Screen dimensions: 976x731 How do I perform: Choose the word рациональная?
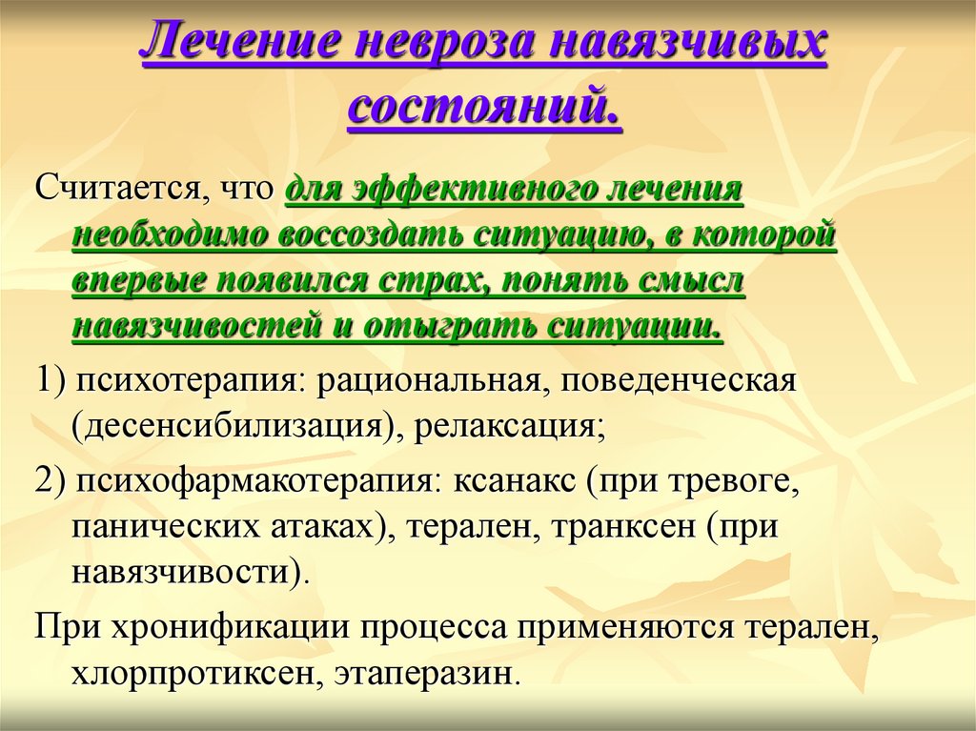428,380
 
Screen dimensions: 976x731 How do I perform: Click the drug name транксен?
623,527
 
